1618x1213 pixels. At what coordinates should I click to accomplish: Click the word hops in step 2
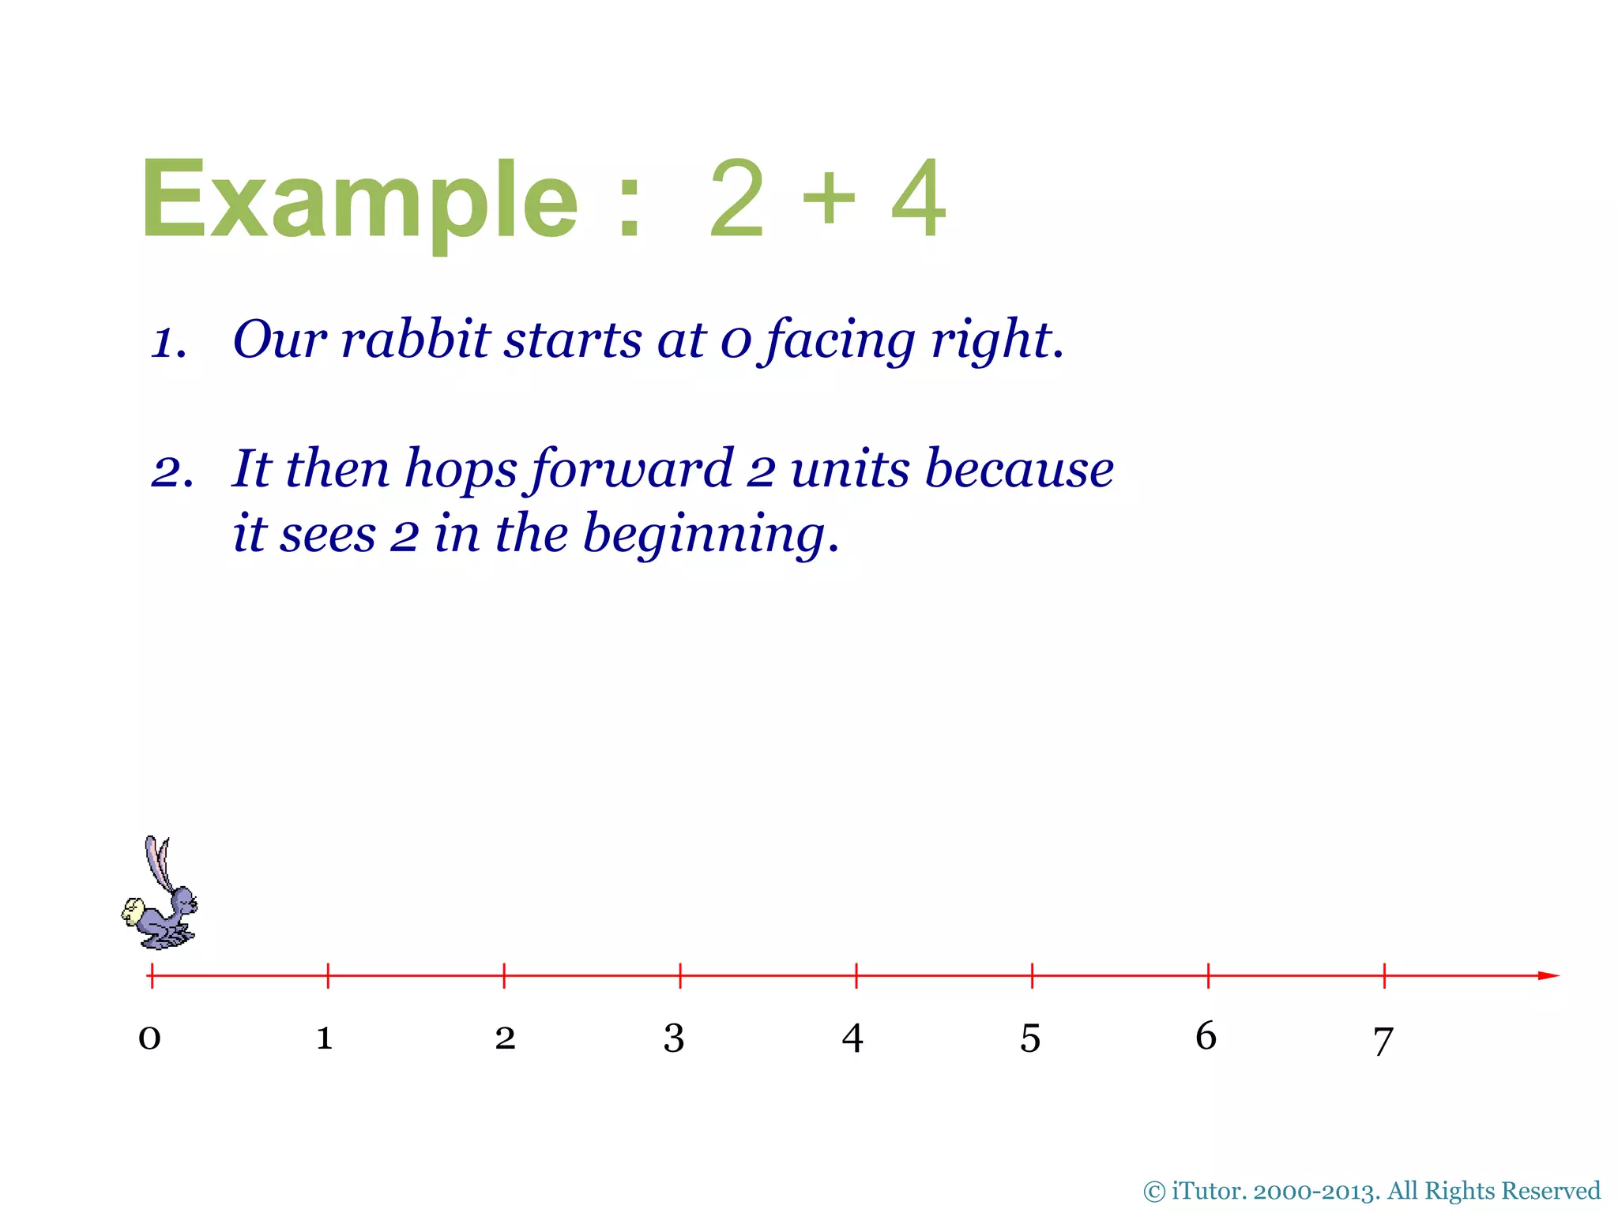point(461,469)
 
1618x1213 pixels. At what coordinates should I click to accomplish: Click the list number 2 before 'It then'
point(171,472)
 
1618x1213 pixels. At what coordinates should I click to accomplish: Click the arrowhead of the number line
point(1548,975)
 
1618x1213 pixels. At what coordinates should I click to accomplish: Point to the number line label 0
point(149,1038)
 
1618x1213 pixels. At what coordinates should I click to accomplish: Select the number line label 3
point(673,1038)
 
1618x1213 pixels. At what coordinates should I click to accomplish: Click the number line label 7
point(1383,1041)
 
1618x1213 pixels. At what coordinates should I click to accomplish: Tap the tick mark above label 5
point(1032,975)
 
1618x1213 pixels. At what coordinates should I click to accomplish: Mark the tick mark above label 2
point(504,975)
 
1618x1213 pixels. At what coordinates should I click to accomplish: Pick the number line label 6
point(1206,1035)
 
